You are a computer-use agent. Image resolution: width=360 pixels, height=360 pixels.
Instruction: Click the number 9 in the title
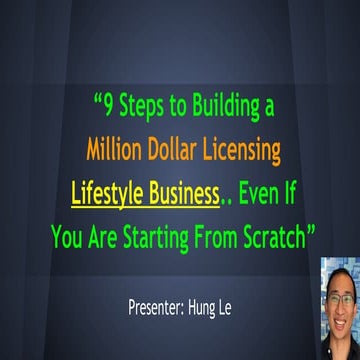click(110, 103)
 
